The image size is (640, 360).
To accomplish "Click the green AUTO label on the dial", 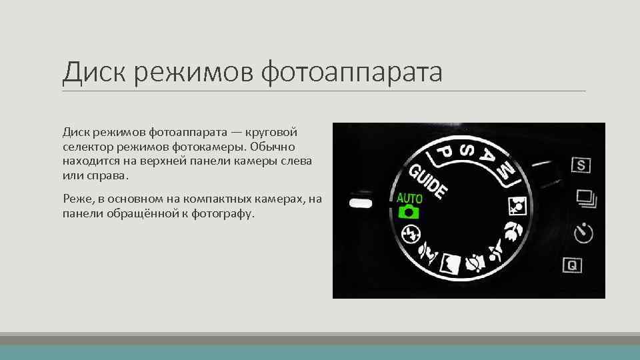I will [x=410, y=198].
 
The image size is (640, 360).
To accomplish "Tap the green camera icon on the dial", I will [x=408, y=213].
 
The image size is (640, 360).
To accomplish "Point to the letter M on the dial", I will [x=507, y=171].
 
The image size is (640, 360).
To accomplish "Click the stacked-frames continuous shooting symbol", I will [x=584, y=197].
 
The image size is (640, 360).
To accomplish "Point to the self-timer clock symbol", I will [x=583, y=233].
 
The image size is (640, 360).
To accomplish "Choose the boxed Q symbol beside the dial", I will [x=571, y=265].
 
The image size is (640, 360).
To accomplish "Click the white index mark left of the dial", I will [x=359, y=201].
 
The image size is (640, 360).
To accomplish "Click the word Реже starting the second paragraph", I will [x=77, y=198].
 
